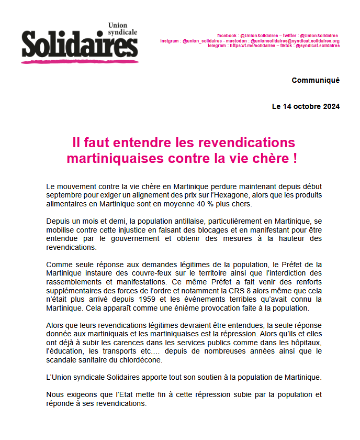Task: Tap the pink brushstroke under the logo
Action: pyautogui.click(x=78, y=61)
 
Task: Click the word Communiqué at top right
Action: pyautogui.click(x=316, y=80)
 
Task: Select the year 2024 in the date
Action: pyautogui.click(x=329, y=106)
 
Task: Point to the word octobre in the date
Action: pyautogui.click(x=301, y=106)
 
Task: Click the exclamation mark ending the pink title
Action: pyautogui.click(x=295, y=158)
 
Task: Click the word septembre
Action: pyautogui.click(x=65, y=195)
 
